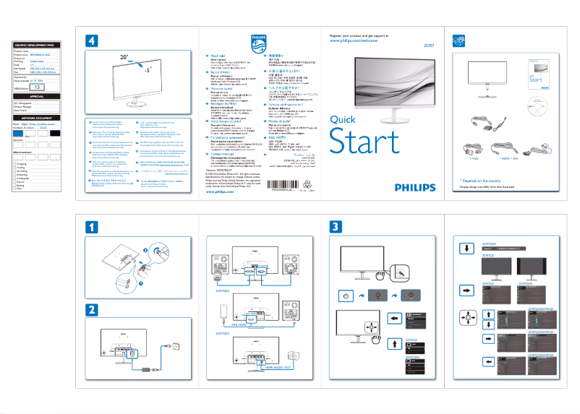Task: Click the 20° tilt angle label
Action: click(125, 55)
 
